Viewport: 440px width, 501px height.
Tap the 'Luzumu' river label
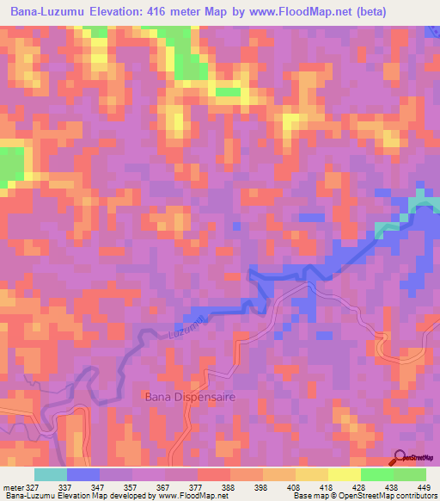[x=189, y=326]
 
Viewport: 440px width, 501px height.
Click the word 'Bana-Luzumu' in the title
[x=45, y=12]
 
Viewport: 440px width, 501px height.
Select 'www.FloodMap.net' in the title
[x=296, y=12]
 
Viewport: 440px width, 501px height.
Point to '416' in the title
[x=159, y=12]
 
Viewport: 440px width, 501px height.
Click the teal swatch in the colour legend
[x=51, y=474]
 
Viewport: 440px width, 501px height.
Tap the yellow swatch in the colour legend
[x=344, y=474]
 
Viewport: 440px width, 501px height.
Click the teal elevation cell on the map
[x=420, y=204]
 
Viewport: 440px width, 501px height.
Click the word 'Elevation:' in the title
[x=114, y=12]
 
